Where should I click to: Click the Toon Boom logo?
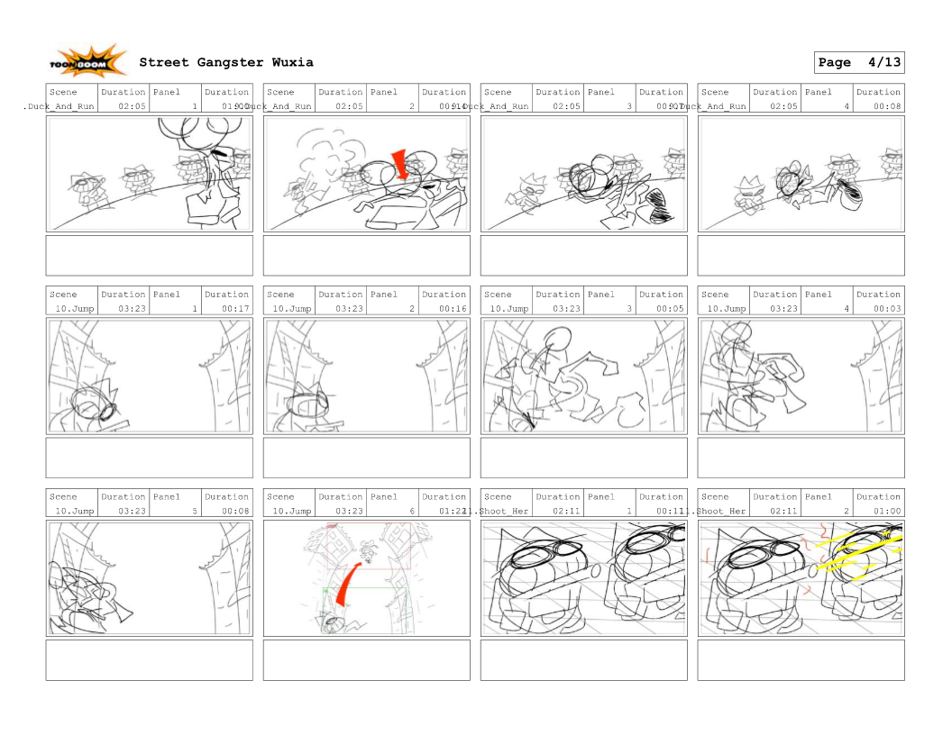click(x=87, y=62)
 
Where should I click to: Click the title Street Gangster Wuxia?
click(x=226, y=62)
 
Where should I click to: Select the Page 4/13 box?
click(x=858, y=62)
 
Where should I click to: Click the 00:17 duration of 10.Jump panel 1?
click(x=236, y=308)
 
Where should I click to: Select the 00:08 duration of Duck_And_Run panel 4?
click(x=887, y=106)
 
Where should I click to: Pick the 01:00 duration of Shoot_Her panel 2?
click(x=887, y=511)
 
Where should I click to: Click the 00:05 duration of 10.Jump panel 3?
click(x=670, y=308)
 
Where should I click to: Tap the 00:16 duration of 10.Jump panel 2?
click(x=453, y=308)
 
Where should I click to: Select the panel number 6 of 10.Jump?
click(x=412, y=511)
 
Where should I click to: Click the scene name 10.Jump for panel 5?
click(x=74, y=511)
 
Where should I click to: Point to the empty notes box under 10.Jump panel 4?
click(x=801, y=458)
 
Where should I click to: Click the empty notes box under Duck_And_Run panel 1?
click(x=150, y=256)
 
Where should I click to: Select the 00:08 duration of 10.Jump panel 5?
click(x=236, y=511)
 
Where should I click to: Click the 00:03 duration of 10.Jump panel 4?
click(x=887, y=308)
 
